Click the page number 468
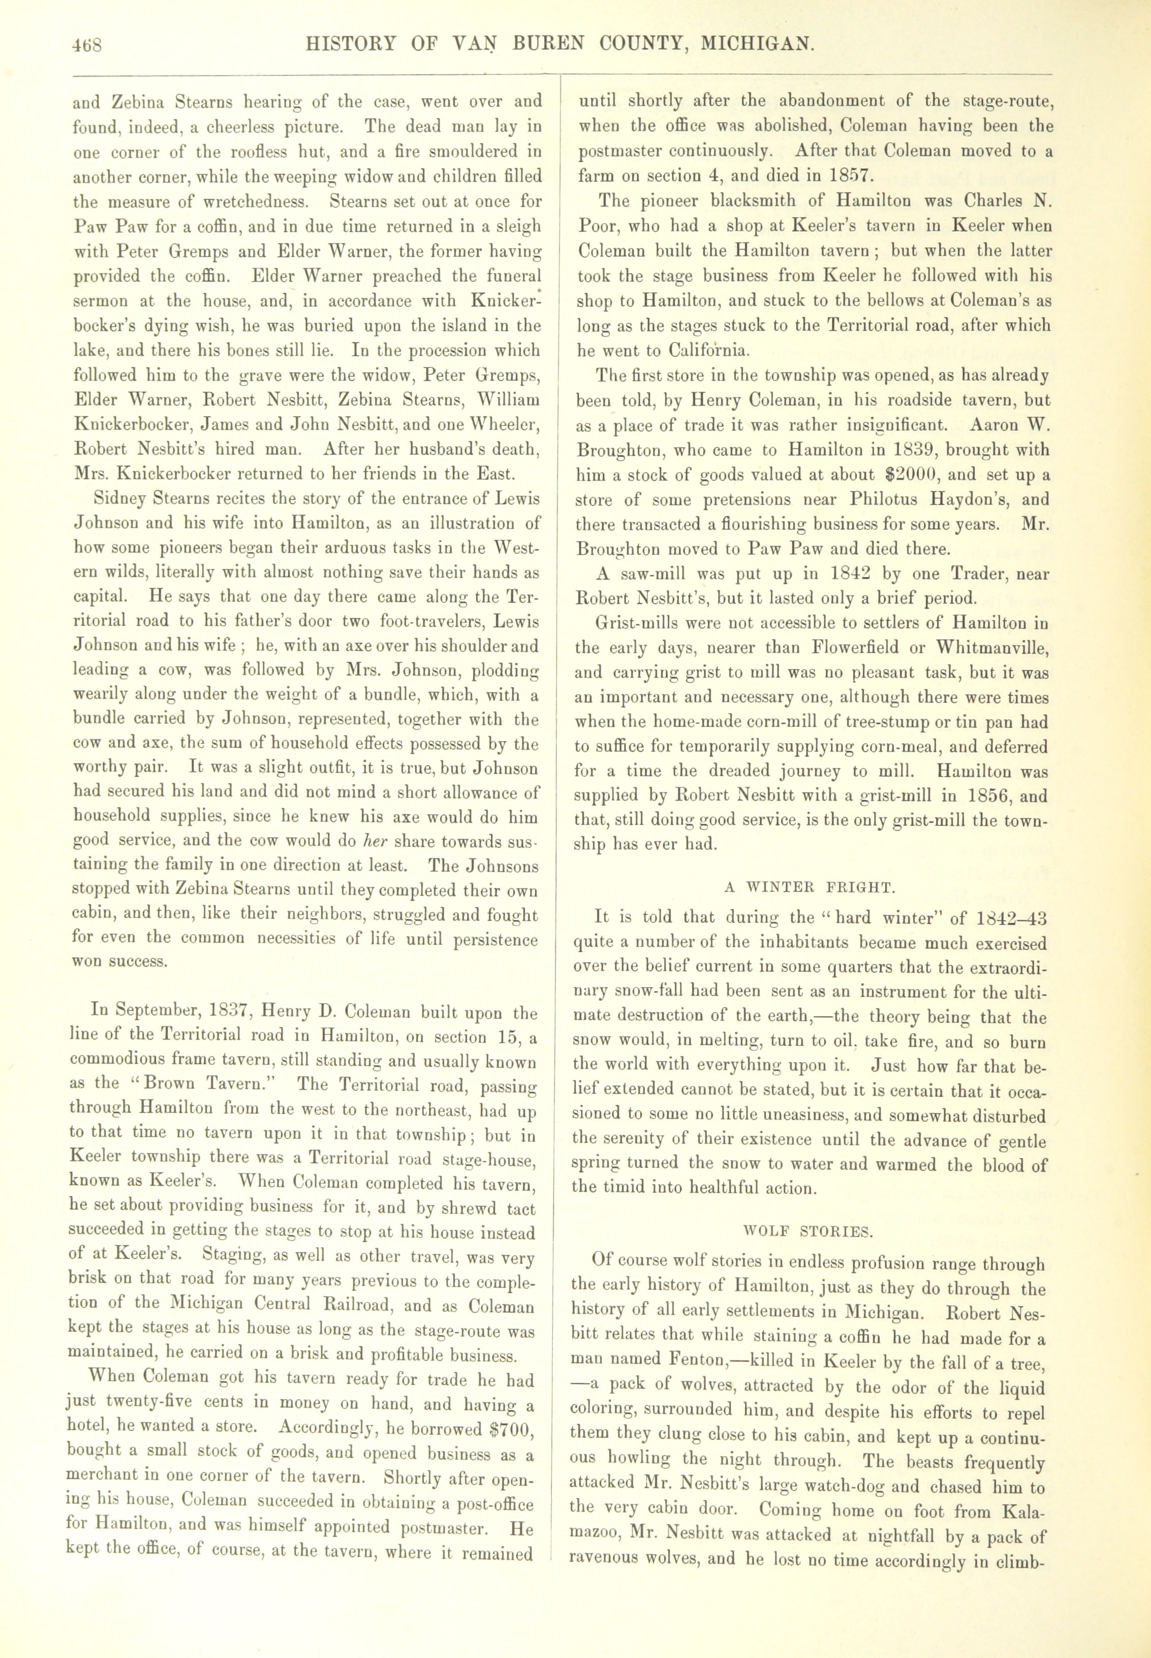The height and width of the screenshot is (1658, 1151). [87, 45]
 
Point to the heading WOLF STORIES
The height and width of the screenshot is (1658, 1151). [807, 1231]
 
